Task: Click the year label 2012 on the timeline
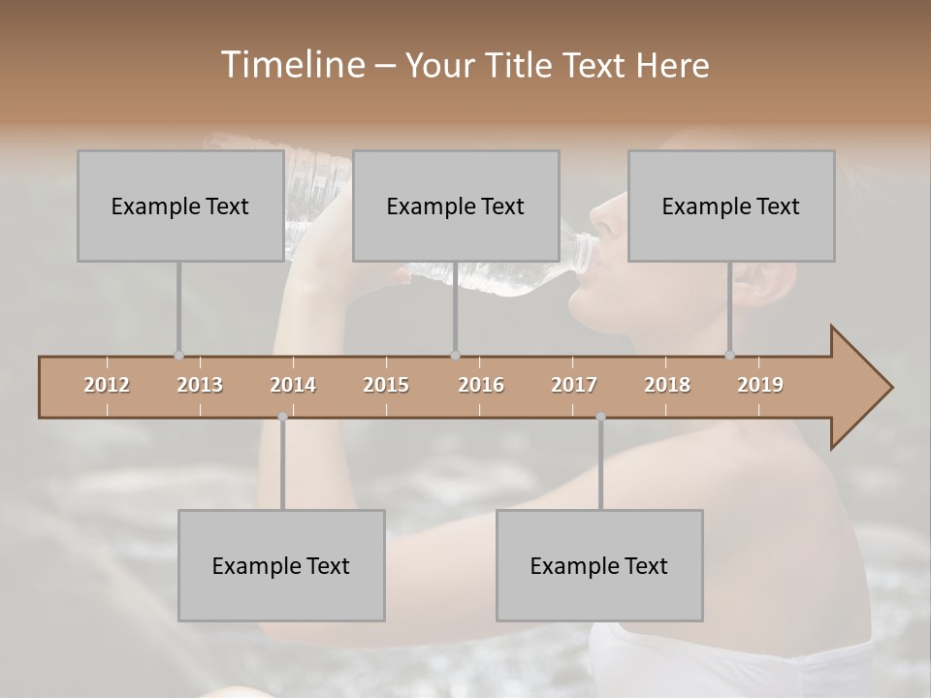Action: coord(107,385)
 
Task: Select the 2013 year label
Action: coord(200,385)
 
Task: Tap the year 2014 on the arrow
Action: coord(293,385)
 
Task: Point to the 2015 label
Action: coord(386,385)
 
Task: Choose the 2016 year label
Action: coord(481,385)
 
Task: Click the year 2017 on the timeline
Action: coord(574,385)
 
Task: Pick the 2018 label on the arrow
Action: coord(667,385)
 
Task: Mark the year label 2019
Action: coord(760,385)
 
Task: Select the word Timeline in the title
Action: coord(291,65)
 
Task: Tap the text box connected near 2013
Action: coord(180,206)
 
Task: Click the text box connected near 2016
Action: coord(456,206)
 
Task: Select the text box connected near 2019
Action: coord(731,206)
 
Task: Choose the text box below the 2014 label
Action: coord(281,565)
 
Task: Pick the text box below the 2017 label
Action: coord(599,565)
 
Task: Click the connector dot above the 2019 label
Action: coord(730,355)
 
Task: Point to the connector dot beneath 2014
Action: coord(282,417)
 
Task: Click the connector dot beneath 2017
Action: coord(600,417)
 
